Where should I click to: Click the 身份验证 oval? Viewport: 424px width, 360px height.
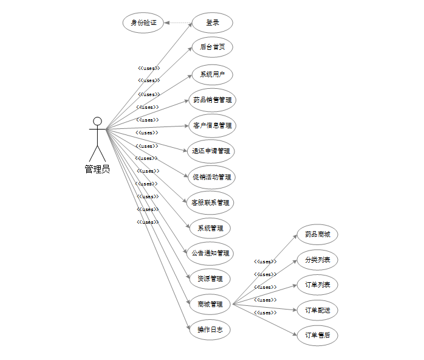click(143, 23)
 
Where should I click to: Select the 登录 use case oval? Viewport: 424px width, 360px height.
click(212, 23)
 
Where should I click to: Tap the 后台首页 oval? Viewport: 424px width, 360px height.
click(212, 47)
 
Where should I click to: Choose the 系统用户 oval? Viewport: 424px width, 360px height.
click(212, 75)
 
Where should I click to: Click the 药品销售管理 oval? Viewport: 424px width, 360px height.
click(212, 100)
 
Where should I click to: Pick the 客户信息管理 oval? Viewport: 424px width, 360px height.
click(212, 125)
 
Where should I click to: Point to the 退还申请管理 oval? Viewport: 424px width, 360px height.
click(211, 151)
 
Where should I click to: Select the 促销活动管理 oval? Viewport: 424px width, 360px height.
click(211, 177)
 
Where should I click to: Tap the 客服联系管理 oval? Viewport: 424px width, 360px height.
click(210, 202)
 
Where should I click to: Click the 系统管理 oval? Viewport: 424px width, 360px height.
click(210, 228)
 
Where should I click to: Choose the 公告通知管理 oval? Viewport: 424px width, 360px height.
click(210, 253)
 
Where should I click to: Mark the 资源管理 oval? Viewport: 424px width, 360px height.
click(210, 279)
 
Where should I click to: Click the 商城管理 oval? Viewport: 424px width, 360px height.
click(210, 304)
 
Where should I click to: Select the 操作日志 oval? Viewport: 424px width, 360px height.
click(210, 330)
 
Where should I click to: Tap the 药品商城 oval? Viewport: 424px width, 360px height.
click(317, 235)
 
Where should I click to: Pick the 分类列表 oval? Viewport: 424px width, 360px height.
click(317, 260)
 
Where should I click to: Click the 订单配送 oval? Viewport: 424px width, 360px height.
click(317, 310)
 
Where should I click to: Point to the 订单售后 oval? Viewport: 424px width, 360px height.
click(317, 335)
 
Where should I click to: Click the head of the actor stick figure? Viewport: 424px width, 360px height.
click(97, 120)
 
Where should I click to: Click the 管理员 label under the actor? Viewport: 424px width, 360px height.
click(97, 169)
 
